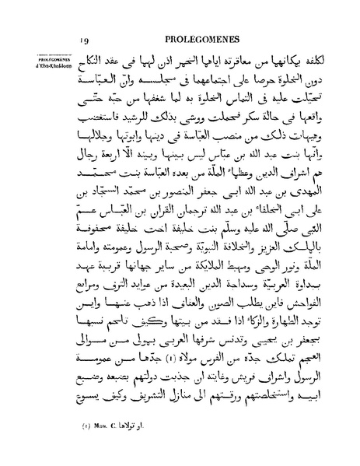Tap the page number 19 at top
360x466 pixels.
click(85, 39)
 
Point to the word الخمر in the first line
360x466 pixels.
click(208, 61)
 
